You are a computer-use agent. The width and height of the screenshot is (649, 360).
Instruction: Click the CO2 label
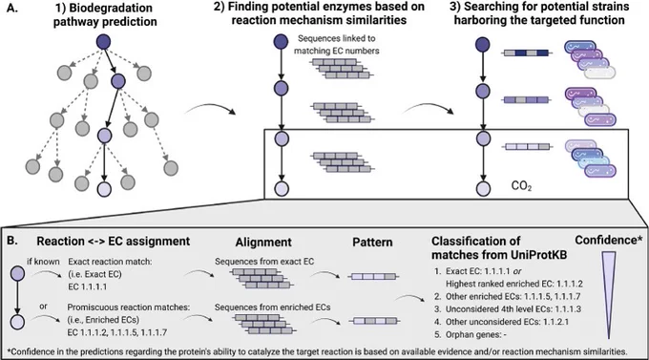521,186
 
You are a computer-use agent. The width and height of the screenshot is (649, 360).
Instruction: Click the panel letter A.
12,8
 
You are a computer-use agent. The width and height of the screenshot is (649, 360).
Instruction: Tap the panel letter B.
12,241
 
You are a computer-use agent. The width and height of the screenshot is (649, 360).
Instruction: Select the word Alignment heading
263,243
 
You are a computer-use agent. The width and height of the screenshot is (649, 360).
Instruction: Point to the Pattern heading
372,242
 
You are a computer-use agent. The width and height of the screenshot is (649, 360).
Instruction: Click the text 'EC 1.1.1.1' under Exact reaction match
88,286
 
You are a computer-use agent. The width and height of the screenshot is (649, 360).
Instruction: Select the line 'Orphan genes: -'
471,334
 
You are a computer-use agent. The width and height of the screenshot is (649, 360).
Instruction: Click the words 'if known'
43,262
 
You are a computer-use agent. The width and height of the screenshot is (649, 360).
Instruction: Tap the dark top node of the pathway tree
103,42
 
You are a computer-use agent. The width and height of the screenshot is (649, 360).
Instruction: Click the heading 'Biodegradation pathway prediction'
105,15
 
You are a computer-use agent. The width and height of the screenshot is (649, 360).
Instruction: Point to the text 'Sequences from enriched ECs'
272,307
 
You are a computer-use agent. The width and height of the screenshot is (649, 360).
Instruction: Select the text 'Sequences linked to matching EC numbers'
337,45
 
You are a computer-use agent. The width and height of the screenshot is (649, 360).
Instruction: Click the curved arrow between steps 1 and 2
209,109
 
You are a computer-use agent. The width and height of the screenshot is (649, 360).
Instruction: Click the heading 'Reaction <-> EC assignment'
113,242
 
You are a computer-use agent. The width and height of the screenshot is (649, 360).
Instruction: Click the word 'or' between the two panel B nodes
44,307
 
